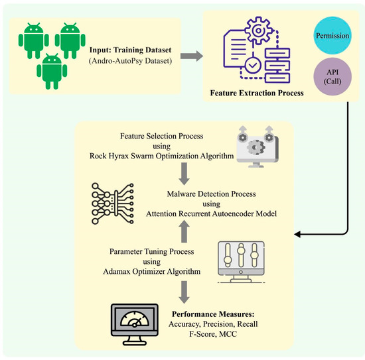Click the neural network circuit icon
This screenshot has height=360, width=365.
tap(114, 202)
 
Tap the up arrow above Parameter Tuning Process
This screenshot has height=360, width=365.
tap(184, 229)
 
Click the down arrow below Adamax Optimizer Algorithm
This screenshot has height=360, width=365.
tap(184, 290)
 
